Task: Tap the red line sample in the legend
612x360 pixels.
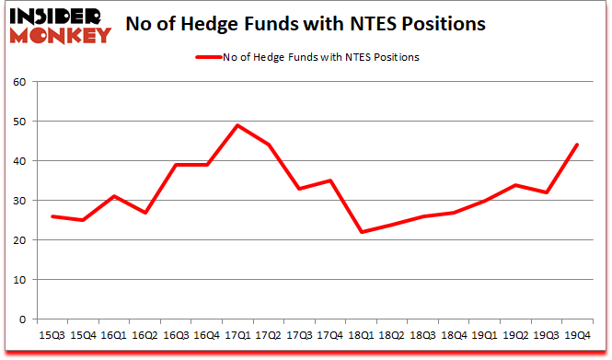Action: [x=207, y=58]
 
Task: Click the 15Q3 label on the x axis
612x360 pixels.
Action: [x=52, y=334]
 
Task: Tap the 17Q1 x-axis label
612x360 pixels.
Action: [x=237, y=334]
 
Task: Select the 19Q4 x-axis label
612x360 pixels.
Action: [x=577, y=334]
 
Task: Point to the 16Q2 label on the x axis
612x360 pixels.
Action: [x=145, y=334]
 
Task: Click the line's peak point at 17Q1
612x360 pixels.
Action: [x=237, y=125]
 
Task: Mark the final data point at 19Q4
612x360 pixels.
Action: [x=577, y=145]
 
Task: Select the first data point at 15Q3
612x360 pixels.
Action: [x=52, y=216]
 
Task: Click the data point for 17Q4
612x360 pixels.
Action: [x=329, y=180]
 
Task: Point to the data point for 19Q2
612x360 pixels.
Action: [x=515, y=185]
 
